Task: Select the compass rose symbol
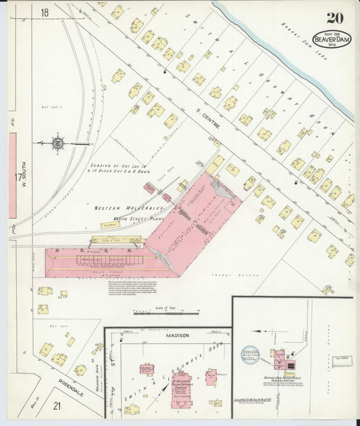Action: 59,143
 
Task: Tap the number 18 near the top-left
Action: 45,13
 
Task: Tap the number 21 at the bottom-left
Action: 57,405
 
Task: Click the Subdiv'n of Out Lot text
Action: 115,165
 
